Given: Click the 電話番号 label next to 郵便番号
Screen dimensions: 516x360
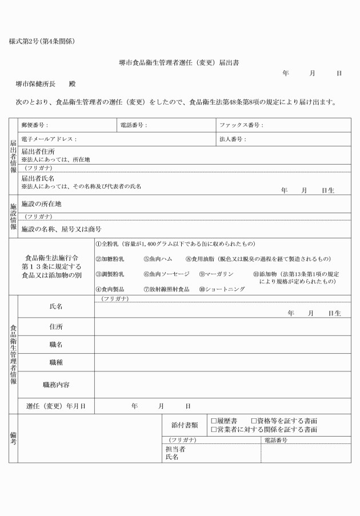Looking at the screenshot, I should [134, 125].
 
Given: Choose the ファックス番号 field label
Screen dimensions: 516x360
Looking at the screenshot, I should [241, 125].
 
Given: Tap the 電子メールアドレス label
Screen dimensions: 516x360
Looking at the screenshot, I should [49, 139].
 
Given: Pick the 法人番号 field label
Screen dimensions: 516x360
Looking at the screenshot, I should [233, 139].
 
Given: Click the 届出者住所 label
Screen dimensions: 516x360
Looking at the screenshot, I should [38, 152].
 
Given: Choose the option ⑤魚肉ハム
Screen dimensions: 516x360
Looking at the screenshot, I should [158, 259].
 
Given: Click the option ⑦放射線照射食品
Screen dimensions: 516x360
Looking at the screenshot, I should [166, 289].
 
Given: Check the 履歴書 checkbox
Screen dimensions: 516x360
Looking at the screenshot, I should [214, 421].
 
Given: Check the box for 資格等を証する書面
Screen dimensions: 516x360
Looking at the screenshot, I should [254, 421].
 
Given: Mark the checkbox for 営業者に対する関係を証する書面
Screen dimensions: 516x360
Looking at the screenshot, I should [214, 430].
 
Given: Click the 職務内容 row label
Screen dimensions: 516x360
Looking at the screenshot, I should [57, 385].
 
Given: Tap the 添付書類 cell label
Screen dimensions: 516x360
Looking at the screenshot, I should [185, 425].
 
